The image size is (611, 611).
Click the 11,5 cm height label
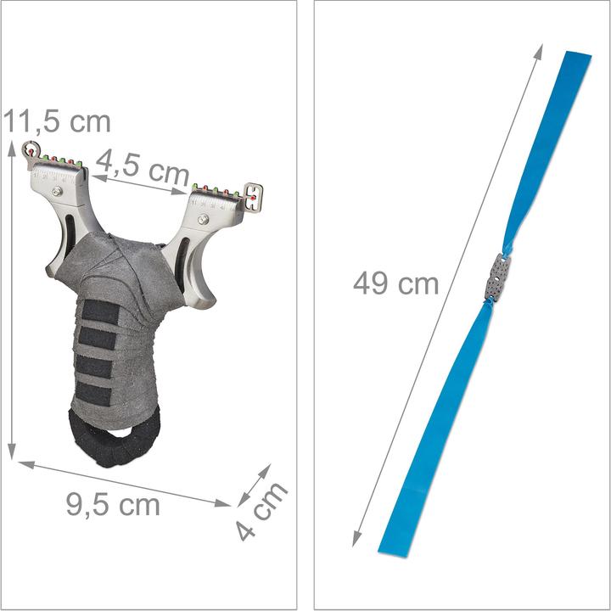coord(56,121)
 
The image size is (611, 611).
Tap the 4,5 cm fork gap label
coord(142,167)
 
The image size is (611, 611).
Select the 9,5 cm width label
coord(113,505)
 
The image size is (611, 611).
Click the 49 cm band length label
coord(396,283)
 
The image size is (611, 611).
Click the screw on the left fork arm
coord(57,193)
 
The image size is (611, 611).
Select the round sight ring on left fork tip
coord(31,150)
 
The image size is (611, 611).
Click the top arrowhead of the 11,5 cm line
coord(12,148)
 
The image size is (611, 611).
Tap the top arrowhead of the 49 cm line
coord(540,48)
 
